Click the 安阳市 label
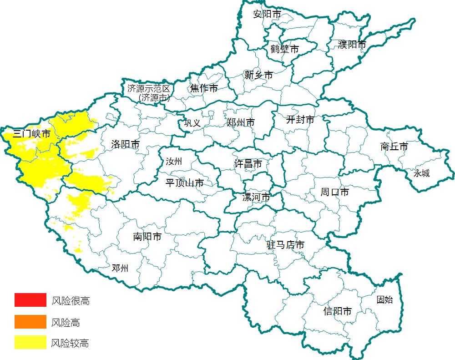267,14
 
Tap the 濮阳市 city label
352,45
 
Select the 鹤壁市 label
284,49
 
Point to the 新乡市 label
258,75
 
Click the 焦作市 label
204,88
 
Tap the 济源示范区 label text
148,88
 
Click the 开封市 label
300,120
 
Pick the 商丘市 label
394,147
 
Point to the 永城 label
421,173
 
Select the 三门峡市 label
31,134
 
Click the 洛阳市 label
125,144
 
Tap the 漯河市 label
256,197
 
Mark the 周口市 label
334,192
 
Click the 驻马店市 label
285,245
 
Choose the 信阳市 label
337,311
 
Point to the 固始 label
384,299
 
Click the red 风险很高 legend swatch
30,300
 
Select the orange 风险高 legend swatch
30,322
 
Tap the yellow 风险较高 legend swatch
30,342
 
